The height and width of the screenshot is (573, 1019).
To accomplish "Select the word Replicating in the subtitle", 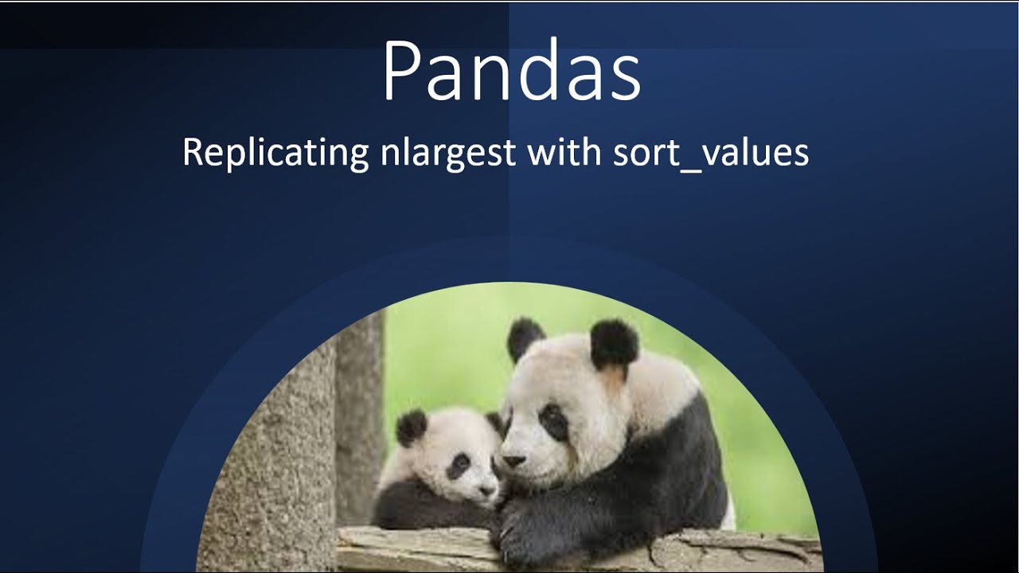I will pos(275,151).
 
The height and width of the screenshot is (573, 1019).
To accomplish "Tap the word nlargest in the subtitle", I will pos(447,152).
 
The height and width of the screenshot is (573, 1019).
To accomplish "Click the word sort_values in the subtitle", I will pos(710,152).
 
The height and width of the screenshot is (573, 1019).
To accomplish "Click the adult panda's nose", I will pos(513,461).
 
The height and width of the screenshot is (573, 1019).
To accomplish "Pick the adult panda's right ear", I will pos(614,344).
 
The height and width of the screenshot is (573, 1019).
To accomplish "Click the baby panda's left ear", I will pos(412,427).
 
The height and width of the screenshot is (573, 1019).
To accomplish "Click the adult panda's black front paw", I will pos(525,535).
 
